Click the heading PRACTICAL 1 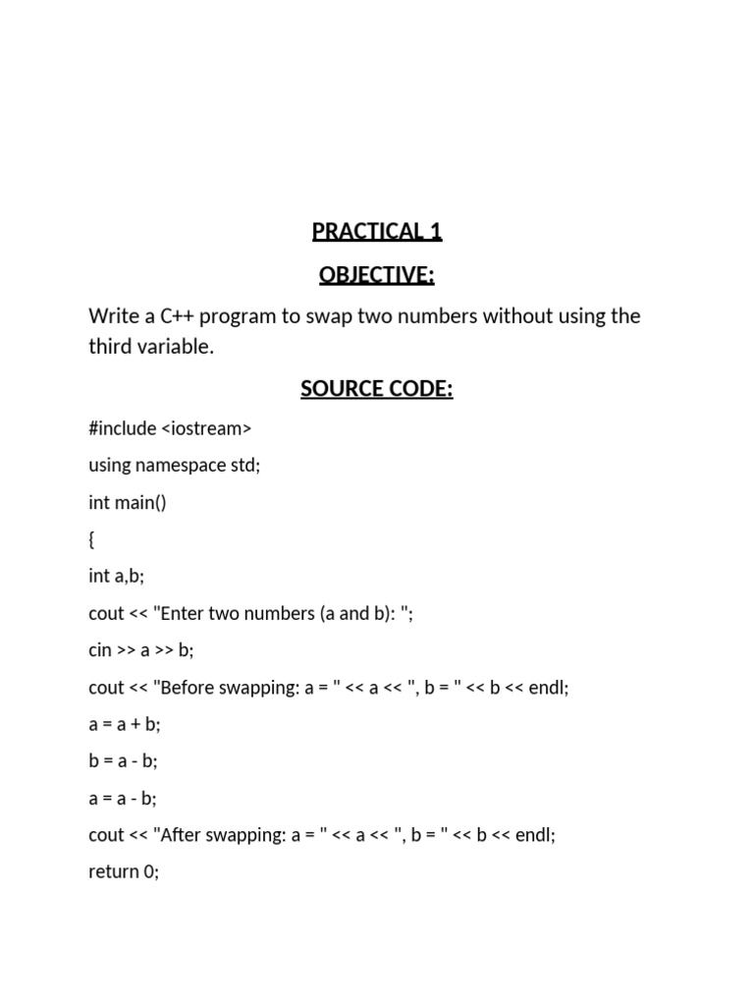(377, 232)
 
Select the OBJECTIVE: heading (377, 276)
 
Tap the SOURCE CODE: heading (377, 389)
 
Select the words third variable (150, 348)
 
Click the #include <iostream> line (170, 428)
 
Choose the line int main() (128, 503)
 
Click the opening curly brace (92, 540)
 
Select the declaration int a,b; (116, 577)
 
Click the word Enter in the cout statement (186, 614)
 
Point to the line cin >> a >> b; (140, 650)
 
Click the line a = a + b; (124, 724)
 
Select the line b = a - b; (123, 760)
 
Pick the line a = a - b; (123, 798)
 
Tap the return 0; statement (124, 871)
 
